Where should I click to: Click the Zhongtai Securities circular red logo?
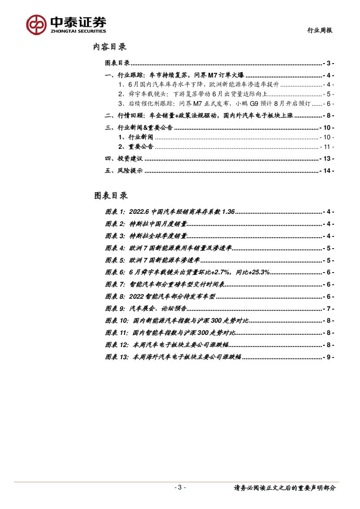pos(36,24)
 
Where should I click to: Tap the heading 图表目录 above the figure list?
pos(111,196)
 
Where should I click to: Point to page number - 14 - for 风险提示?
pos(326,171)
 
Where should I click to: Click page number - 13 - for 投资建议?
pos(326,159)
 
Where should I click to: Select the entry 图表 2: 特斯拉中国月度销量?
pos(146,224)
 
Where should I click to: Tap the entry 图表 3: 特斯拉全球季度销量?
pos(146,236)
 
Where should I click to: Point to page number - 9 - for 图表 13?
pos(328,357)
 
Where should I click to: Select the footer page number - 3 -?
pos(180,487)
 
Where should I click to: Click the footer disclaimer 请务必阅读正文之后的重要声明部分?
pos(285,488)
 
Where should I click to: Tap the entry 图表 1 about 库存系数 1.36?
pos(170,212)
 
